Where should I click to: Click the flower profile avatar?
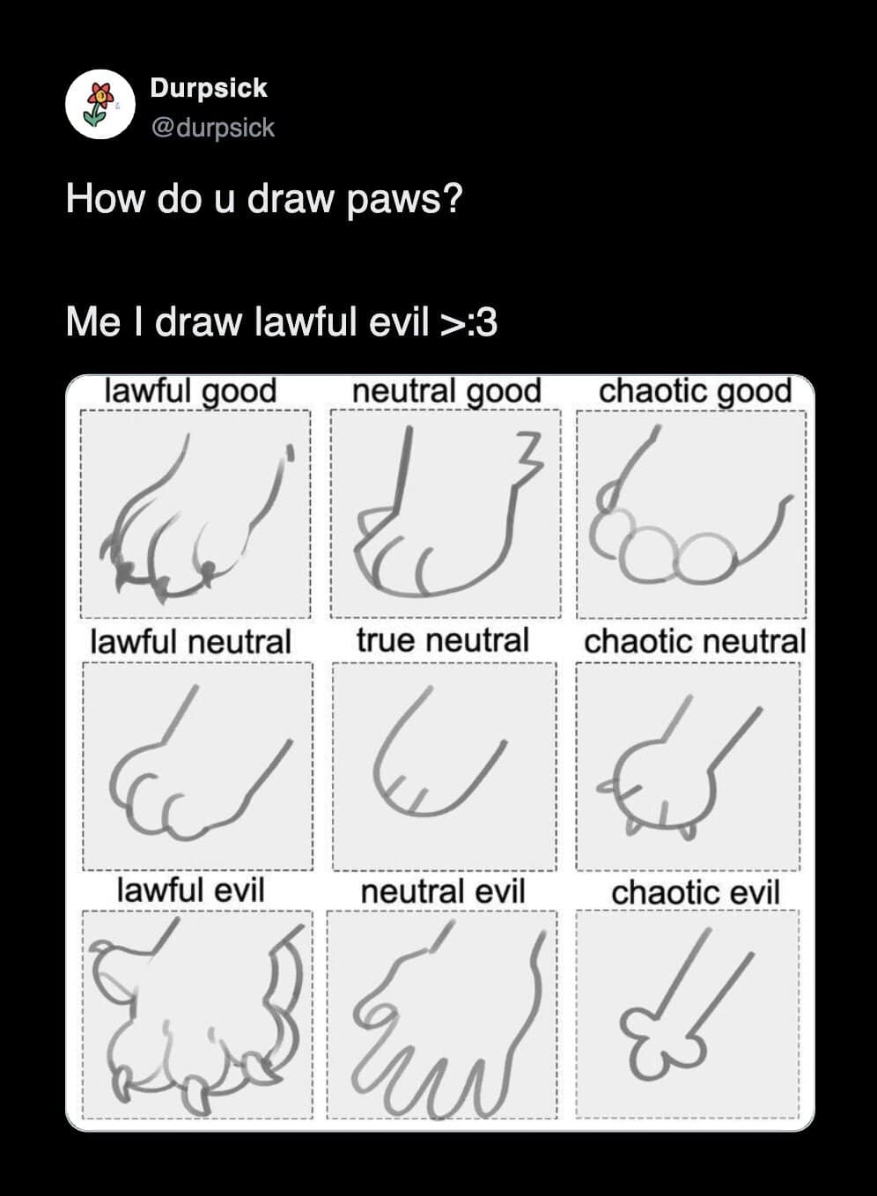click(100, 104)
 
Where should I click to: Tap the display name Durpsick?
click(208, 87)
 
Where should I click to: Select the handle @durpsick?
click(213, 128)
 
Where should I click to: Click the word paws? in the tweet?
click(405, 200)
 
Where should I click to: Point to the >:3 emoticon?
click(468, 322)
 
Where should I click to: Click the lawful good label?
click(190, 391)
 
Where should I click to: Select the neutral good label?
click(446, 391)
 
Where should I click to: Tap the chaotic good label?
click(695, 391)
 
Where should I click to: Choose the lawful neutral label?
click(190, 641)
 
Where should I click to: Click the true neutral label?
click(443, 640)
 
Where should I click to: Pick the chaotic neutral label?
click(695, 641)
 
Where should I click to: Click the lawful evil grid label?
click(190, 890)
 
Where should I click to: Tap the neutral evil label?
click(443, 891)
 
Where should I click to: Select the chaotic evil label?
click(695, 892)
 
